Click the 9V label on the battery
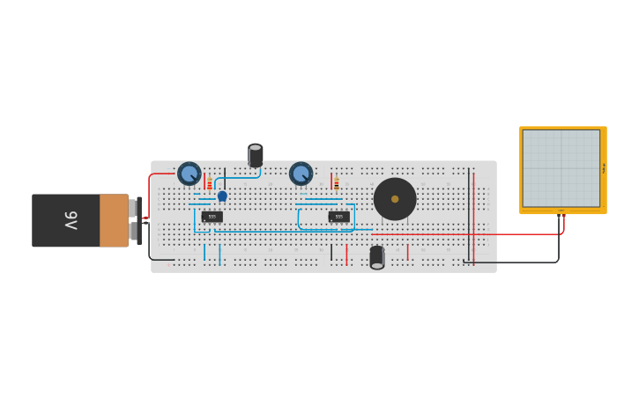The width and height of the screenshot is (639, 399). tap(71, 220)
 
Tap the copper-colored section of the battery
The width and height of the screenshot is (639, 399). tap(114, 220)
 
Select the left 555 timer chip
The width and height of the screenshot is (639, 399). tap(212, 216)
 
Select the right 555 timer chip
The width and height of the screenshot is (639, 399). tap(338, 216)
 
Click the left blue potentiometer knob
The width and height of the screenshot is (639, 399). tap(189, 174)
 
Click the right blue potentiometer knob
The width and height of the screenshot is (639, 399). tap(301, 174)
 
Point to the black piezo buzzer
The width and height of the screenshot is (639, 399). tap(395, 199)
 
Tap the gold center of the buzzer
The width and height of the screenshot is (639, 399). tap(395, 199)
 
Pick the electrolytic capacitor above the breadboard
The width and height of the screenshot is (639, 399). tap(256, 156)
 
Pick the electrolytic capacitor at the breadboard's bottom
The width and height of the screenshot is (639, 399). tap(377, 256)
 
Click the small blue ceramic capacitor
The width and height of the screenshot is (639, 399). tap(222, 196)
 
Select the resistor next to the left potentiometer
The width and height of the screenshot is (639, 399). tap(209, 183)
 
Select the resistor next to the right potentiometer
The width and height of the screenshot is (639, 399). tap(336, 183)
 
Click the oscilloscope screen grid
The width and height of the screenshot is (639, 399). tap(561, 168)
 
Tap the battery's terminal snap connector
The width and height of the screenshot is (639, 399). tap(135, 220)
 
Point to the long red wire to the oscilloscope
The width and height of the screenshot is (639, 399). tap(476, 234)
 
